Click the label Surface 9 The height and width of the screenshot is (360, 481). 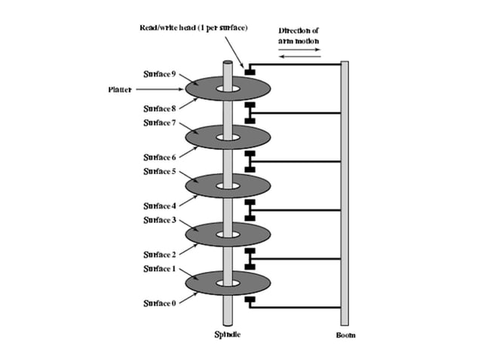pyautogui.click(x=159, y=74)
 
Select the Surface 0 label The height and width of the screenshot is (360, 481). pyautogui.click(x=159, y=303)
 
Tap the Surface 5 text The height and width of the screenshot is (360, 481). pyautogui.click(x=159, y=171)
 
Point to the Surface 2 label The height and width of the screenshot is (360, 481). pyautogui.click(x=159, y=255)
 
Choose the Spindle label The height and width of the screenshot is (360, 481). pyautogui.click(x=227, y=334)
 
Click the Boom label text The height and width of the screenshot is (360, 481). pyautogui.click(x=345, y=334)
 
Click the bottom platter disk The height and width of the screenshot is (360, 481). pyautogui.click(x=226, y=283)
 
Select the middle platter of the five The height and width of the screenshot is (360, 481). pyautogui.click(x=226, y=185)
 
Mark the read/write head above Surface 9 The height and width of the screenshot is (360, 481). pyautogui.click(x=250, y=71)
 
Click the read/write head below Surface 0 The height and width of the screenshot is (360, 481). pyautogui.click(x=250, y=301)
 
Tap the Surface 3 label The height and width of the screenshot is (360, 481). pyautogui.click(x=159, y=219)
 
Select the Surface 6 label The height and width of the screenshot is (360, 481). pyautogui.click(x=159, y=157)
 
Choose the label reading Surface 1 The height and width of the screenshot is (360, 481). pyautogui.click(x=159, y=268)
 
